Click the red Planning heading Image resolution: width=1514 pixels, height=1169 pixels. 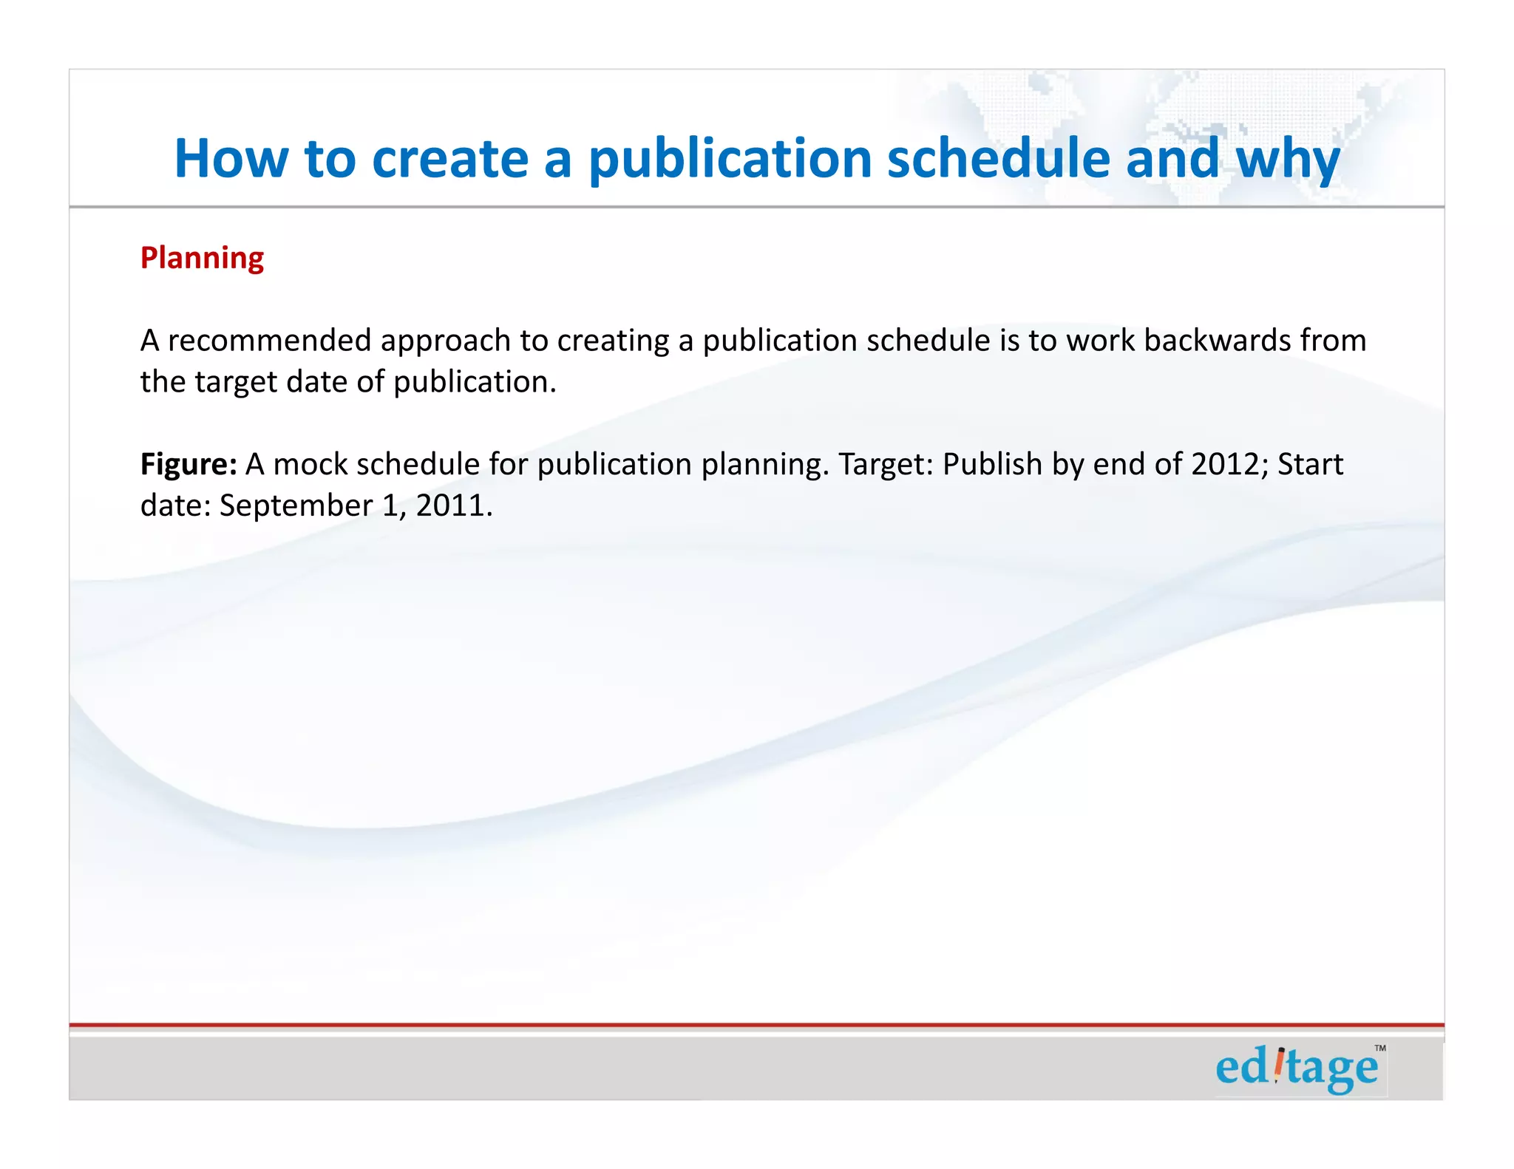(x=202, y=258)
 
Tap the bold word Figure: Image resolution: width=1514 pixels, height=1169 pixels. (x=189, y=465)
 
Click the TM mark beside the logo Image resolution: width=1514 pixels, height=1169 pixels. (x=1380, y=1048)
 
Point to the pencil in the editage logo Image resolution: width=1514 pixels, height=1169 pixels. (x=1280, y=1065)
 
